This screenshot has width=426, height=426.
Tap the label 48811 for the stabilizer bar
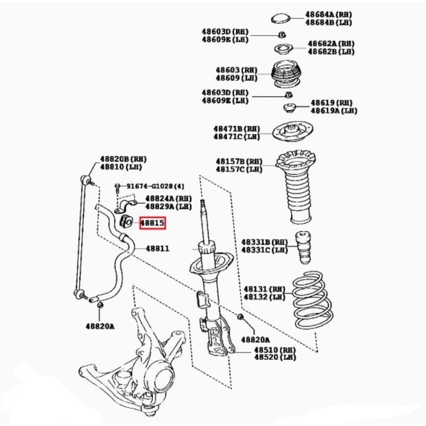coord(158,248)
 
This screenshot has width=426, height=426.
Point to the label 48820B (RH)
coord(124,159)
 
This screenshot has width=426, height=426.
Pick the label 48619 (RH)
coord(331,103)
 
